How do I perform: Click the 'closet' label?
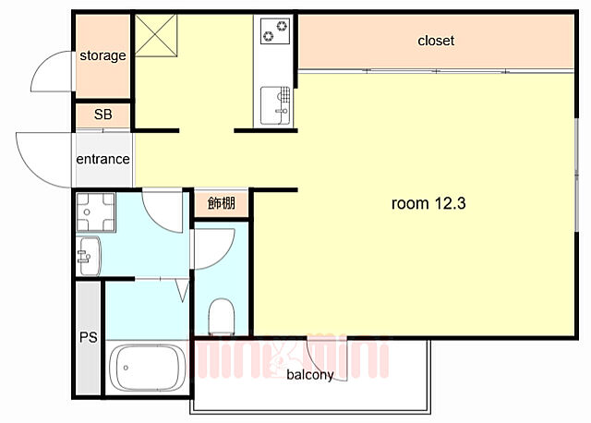tap(436, 41)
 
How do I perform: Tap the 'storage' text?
tap(102, 55)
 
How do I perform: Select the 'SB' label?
tap(103, 115)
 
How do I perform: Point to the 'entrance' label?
tap(103, 159)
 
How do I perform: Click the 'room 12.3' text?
tap(428, 204)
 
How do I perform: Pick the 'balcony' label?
tap(309, 375)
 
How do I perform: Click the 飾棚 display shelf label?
tap(221, 203)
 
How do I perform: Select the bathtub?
tap(149, 369)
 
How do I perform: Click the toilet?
tap(222, 317)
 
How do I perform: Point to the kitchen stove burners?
tap(275, 31)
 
